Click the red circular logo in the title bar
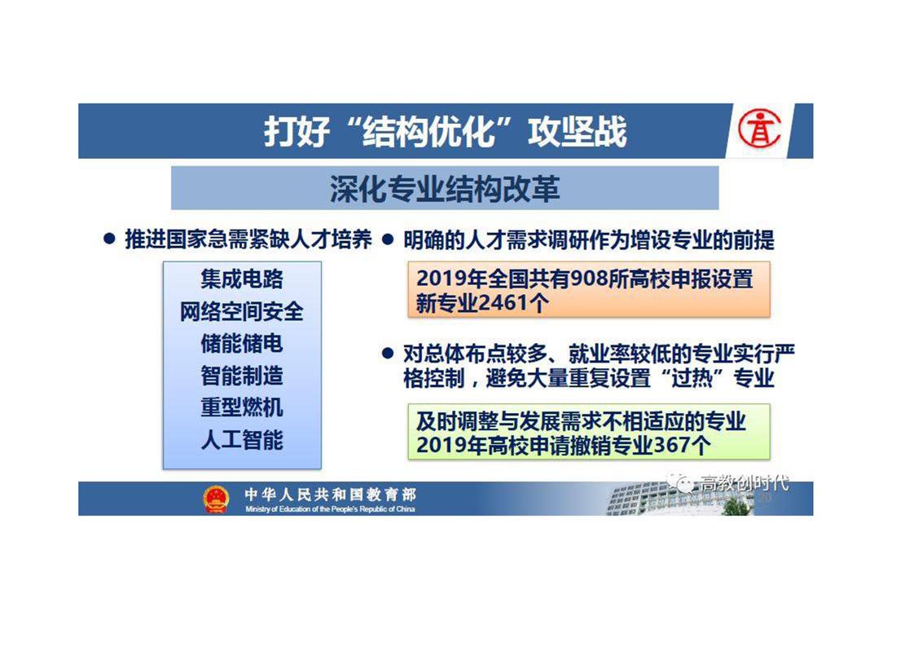759,130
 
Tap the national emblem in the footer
216,499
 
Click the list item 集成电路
242,279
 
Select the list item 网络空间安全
242,311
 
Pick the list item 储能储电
242,344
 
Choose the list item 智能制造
242,376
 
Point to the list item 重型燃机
242,407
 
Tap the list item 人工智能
242,440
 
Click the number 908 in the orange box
589,279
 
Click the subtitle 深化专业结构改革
445,189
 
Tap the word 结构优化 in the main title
428,131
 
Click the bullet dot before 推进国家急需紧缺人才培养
109,239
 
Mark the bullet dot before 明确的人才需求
388,239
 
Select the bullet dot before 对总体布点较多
388,354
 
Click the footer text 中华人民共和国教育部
331,494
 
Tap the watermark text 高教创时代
745,483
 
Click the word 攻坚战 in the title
577,131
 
